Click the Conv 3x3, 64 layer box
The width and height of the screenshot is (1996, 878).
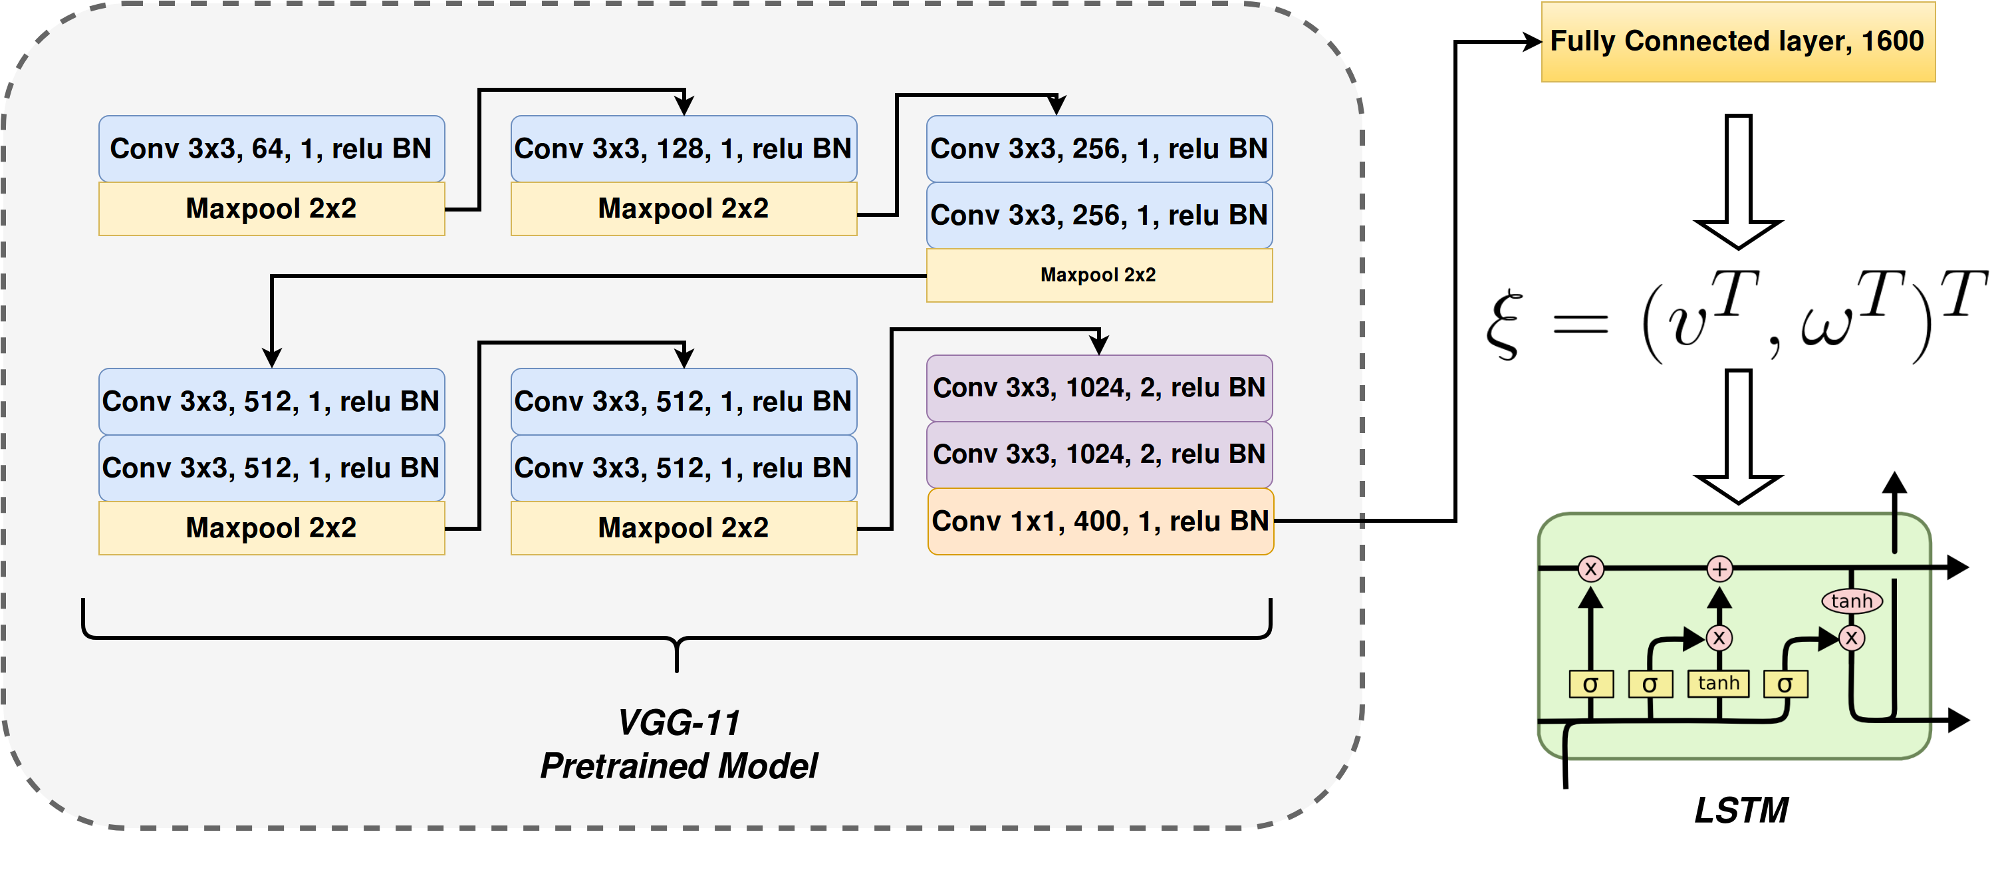(271, 149)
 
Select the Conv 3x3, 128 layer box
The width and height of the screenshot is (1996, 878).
(684, 149)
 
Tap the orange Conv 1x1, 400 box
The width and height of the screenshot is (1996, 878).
(1100, 521)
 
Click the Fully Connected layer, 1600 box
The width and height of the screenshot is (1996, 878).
(1738, 42)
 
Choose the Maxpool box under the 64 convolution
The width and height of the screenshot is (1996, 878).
(271, 208)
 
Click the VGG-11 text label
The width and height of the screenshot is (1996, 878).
(679, 723)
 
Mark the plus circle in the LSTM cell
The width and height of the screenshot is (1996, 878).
(1719, 569)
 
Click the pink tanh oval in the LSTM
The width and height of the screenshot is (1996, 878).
(1852, 601)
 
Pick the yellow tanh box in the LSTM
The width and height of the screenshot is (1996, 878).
(1719, 684)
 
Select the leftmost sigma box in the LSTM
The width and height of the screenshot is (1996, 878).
(1591, 684)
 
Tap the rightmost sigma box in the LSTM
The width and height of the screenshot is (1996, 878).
(1785, 684)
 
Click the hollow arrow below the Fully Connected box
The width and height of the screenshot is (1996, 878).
(1739, 182)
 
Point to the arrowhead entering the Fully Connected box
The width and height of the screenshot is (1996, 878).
(1532, 42)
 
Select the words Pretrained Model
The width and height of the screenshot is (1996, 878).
(679, 766)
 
